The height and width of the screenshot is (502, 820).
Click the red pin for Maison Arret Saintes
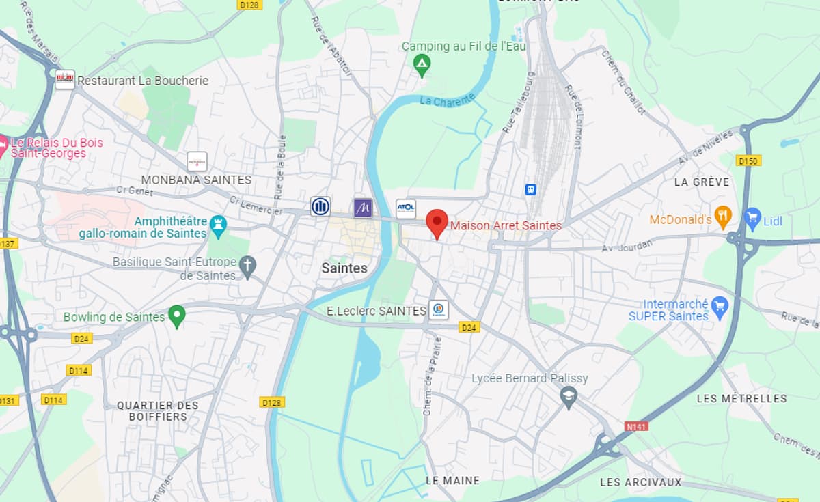437,223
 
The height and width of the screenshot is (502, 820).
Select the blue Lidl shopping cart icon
752,219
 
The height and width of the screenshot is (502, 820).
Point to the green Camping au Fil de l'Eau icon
422,66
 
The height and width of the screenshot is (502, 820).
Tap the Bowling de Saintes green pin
177,316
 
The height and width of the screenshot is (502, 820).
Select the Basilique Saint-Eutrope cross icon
247,266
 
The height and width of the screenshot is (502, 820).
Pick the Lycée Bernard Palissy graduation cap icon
569,395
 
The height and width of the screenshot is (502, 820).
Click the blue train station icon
530,189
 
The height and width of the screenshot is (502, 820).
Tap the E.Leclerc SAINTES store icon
438,310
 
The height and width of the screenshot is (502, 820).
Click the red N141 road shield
636,426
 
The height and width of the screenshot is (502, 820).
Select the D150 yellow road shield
748,161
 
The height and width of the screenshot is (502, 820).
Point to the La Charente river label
447,100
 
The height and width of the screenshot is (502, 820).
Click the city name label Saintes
344,268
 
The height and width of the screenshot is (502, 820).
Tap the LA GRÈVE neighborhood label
701,182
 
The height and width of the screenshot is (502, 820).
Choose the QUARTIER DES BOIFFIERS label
158,410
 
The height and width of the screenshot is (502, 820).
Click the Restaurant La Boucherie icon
65,80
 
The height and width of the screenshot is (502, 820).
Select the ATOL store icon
406,208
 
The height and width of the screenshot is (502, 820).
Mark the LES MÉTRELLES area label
741,398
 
